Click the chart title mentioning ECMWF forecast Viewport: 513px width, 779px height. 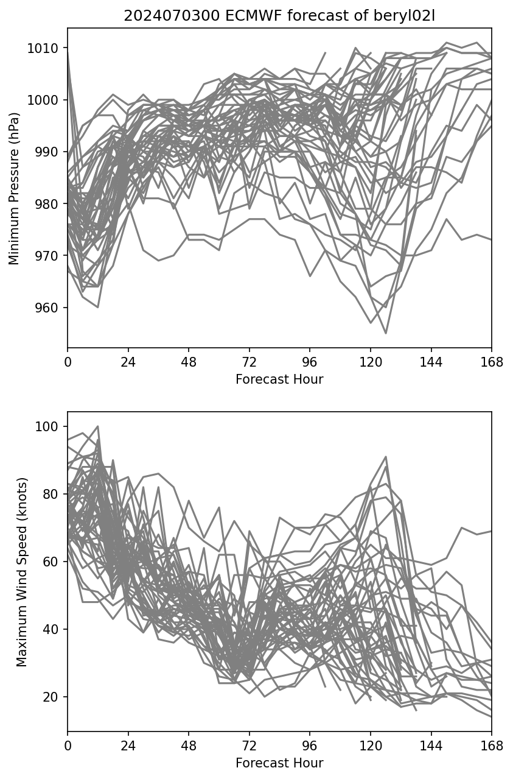click(x=279, y=16)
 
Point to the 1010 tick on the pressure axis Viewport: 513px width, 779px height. click(x=46, y=48)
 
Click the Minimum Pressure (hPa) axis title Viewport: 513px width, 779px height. click(x=15, y=189)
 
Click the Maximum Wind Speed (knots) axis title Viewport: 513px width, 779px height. click(x=21, y=572)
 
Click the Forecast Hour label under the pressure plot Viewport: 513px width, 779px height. click(x=279, y=379)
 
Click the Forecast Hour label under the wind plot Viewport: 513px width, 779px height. click(x=279, y=763)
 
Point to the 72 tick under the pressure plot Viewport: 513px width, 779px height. click(x=249, y=362)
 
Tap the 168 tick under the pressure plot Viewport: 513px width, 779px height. click(x=492, y=362)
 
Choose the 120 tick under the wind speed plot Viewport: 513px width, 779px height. click(x=370, y=746)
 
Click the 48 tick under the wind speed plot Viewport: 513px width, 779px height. click(x=189, y=746)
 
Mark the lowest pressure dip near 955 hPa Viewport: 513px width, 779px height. click(x=385, y=333)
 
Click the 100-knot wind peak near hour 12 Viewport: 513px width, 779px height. click(x=98, y=426)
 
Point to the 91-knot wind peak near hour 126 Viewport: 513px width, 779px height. click(x=385, y=457)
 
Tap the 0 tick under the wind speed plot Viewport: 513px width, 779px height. click(x=68, y=746)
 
